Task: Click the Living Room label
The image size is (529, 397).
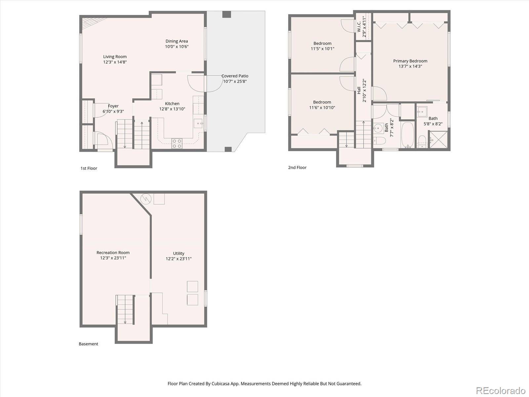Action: point(115,57)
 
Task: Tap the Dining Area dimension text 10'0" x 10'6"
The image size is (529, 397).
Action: point(177,47)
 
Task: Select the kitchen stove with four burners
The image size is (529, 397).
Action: point(177,143)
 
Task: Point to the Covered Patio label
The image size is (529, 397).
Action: point(235,76)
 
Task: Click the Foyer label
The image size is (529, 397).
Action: point(113,106)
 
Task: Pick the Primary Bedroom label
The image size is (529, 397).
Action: point(410,61)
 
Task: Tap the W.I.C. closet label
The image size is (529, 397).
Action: point(359,26)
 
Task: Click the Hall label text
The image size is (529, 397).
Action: point(359,90)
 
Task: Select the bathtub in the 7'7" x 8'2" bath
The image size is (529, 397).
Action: point(408,135)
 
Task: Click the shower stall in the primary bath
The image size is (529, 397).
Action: point(439,139)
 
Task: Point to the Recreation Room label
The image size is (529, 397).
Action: point(113,253)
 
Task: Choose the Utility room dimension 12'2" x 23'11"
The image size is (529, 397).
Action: point(179,259)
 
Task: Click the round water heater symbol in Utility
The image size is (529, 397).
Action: point(146,198)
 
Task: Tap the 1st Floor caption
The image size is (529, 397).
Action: point(89,168)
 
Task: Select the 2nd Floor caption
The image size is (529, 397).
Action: point(297,167)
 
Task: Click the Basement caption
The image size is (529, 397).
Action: point(88,344)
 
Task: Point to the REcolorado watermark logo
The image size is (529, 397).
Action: point(501,390)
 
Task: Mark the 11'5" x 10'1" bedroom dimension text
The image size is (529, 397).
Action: point(322,49)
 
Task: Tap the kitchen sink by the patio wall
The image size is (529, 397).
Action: point(198,123)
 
